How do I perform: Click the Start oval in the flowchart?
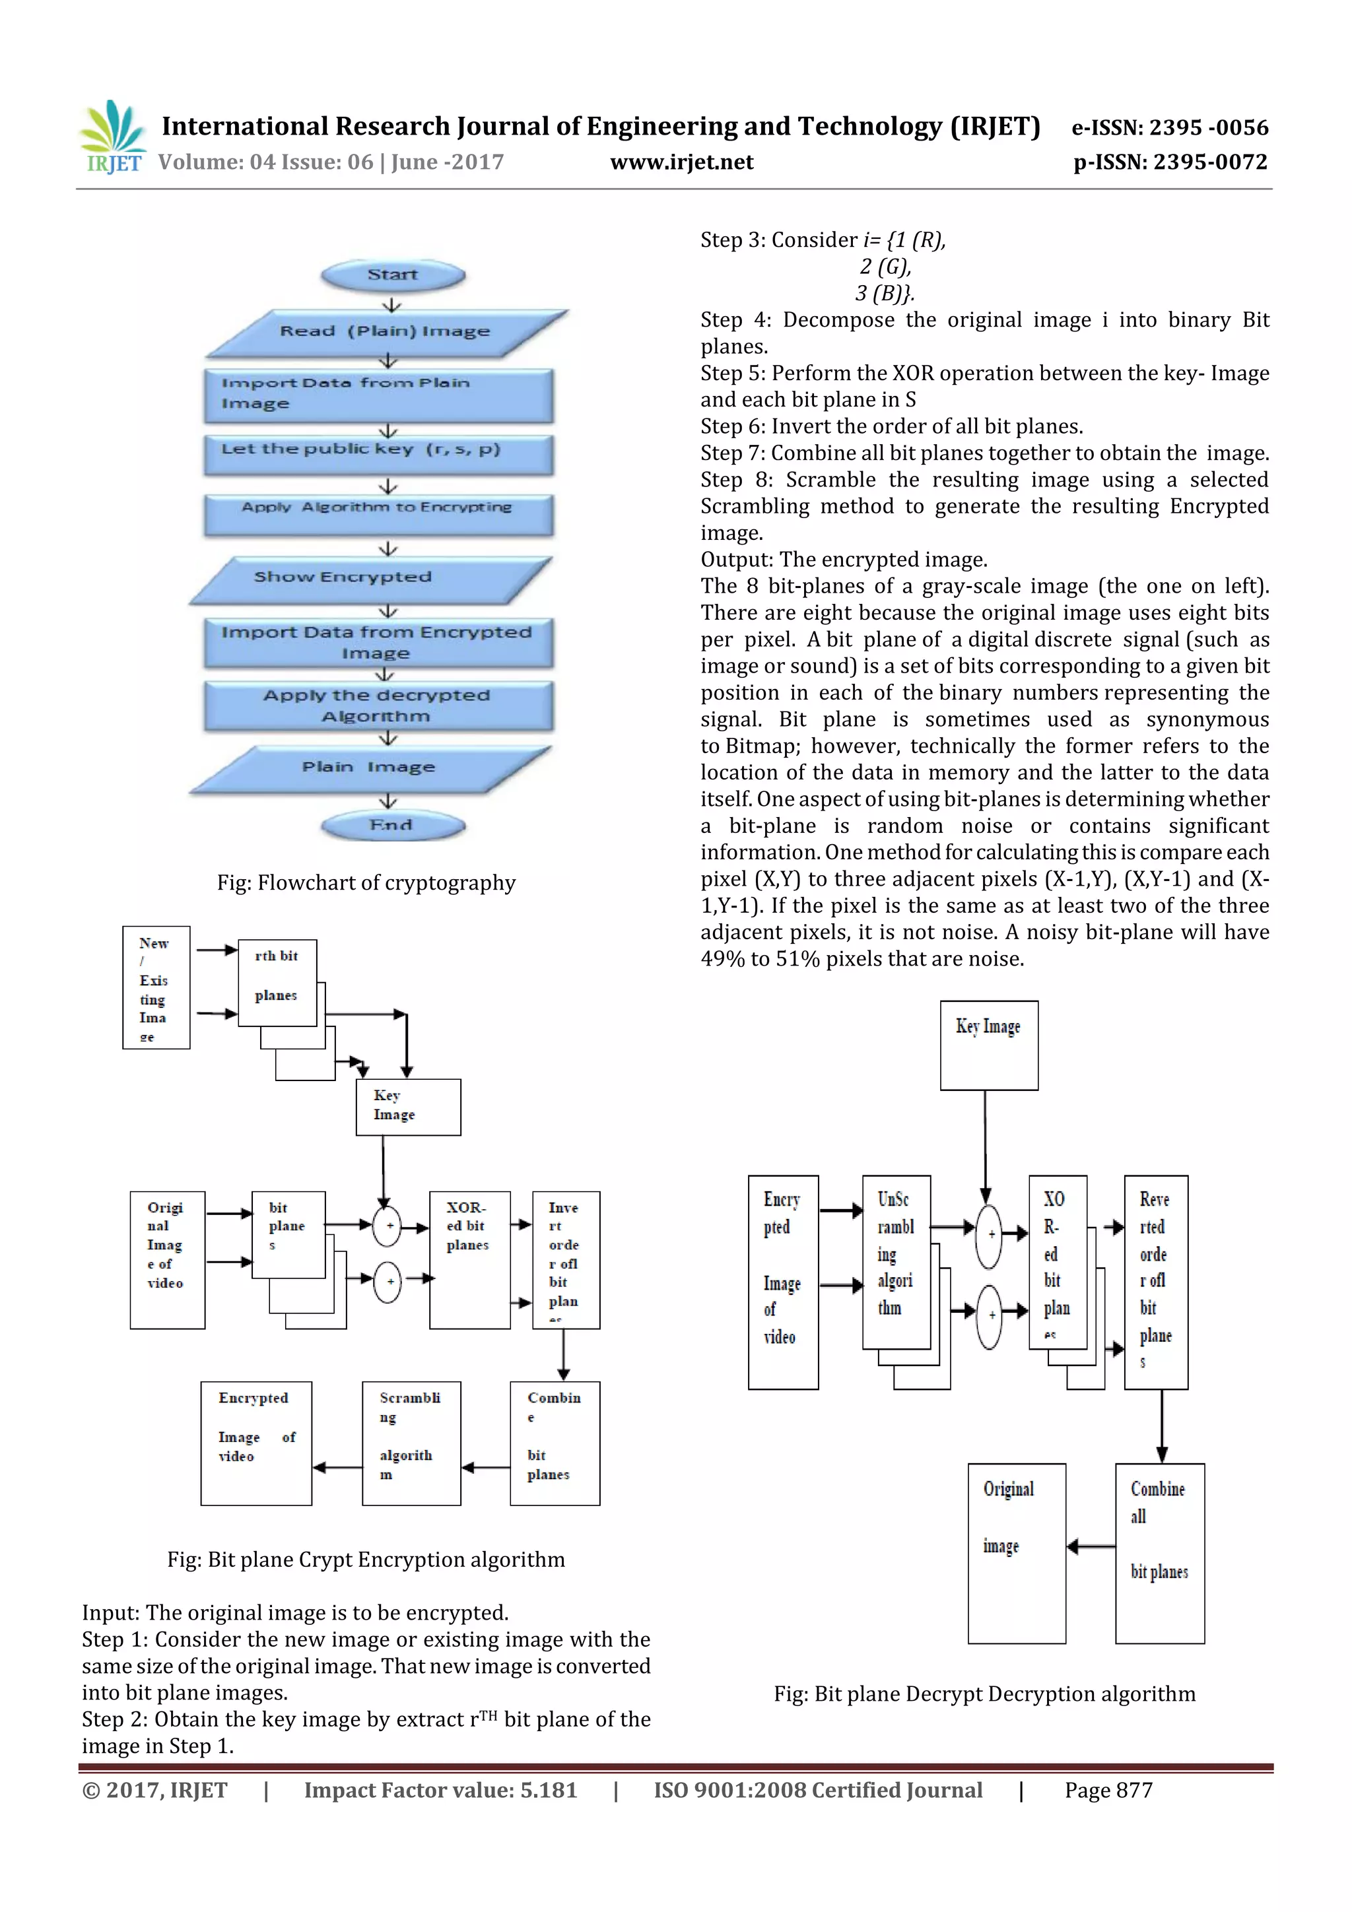(x=392, y=275)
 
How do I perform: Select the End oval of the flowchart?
(x=391, y=825)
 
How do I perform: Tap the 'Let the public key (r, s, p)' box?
(x=378, y=453)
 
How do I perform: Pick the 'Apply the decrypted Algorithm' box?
(x=378, y=706)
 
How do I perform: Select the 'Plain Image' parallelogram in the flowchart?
(x=369, y=768)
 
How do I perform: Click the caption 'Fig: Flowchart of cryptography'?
(x=366, y=882)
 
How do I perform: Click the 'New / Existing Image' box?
(x=156, y=987)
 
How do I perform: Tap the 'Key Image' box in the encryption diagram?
(x=408, y=1107)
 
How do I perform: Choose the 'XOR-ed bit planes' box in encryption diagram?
(x=470, y=1259)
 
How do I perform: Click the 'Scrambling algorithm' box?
(x=411, y=1443)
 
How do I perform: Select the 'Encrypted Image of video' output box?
(x=255, y=1443)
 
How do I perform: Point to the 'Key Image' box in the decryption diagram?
(x=989, y=1045)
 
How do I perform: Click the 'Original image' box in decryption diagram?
(x=1016, y=1552)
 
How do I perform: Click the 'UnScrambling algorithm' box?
(x=896, y=1262)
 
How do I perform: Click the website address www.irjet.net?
(x=681, y=162)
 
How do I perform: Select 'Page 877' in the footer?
(x=1108, y=1791)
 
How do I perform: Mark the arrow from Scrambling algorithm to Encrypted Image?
(x=337, y=1467)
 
